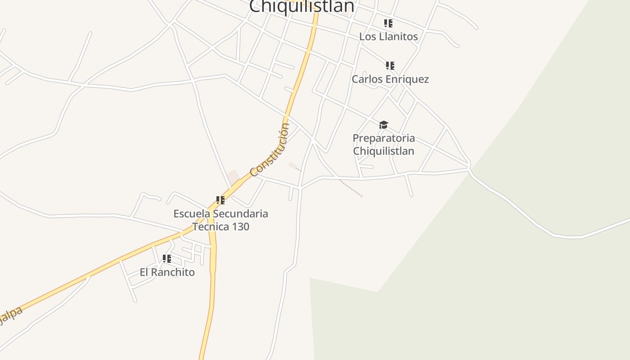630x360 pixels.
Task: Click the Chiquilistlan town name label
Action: pyautogui.click(x=301, y=6)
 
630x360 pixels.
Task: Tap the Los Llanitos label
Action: pyautogui.click(x=388, y=36)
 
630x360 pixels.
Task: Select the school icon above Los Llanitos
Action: pyautogui.click(x=389, y=23)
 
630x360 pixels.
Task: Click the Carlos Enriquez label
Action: pyautogui.click(x=390, y=79)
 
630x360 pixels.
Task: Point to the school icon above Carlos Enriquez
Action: pyautogui.click(x=390, y=66)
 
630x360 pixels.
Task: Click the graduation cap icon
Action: pyautogui.click(x=383, y=125)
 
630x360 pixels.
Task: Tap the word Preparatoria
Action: pyautogui.click(x=383, y=138)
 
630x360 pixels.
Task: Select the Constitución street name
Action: pyautogui.click(x=270, y=150)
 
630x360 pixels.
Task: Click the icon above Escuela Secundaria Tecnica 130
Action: pyautogui.click(x=220, y=200)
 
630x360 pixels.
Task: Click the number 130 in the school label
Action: pyautogui.click(x=241, y=226)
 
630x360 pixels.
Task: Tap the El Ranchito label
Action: pyautogui.click(x=167, y=272)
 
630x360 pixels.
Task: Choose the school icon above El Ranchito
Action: pyautogui.click(x=167, y=259)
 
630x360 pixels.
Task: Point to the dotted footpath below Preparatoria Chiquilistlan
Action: pyautogui.click(x=351, y=189)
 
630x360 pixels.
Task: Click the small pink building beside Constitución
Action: pyautogui.click(x=233, y=177)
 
